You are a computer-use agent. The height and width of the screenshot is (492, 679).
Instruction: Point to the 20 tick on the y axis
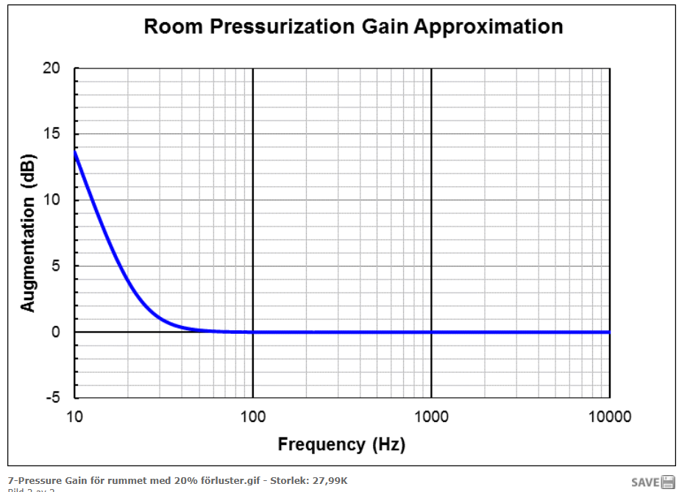coord(51,68)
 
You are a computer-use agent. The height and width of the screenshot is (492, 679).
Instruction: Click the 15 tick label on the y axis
coord(51,134)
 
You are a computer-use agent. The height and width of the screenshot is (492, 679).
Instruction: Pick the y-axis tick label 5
coord(56,265)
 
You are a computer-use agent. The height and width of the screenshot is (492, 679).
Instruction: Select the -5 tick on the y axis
coord(53,398)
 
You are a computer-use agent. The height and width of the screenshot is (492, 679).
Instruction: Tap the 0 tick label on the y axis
coord(56,332)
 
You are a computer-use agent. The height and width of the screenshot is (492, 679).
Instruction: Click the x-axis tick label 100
coord(252,417)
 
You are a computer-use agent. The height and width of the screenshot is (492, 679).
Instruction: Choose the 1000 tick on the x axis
coord(431,417)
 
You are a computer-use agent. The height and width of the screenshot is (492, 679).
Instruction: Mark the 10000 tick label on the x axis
coord(609,417)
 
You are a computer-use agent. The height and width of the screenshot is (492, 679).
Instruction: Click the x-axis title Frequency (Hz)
coord(341,444)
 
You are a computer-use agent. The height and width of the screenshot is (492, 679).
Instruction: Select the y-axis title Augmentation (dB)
coord(28,232)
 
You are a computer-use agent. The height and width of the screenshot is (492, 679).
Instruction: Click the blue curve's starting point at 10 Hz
coord(75,151)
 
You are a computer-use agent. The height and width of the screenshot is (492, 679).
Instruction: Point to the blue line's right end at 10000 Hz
coord(609,332)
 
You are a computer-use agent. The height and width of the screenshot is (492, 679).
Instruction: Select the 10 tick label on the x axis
coord(74,417)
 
